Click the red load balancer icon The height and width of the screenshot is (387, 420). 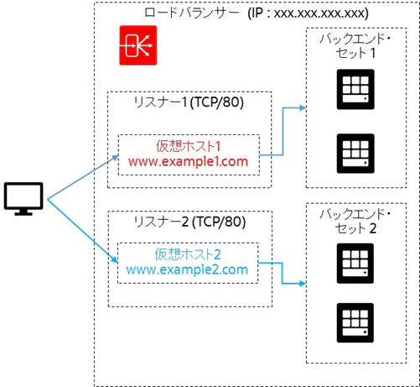[138, 45]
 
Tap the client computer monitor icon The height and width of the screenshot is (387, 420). [23, 199]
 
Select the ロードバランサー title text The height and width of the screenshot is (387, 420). [192, 13]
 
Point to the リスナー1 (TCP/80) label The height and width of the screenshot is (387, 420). [189, 102]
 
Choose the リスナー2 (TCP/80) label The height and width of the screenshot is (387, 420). [189, 222]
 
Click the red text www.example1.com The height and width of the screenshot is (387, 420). [188, 162]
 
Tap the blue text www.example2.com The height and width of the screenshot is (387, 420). [187, 269]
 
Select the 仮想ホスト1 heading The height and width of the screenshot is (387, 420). [189, 146]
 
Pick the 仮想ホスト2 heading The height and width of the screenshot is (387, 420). [188, 254]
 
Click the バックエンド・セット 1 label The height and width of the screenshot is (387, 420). [355, 45]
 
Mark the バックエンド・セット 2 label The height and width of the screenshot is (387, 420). [355, 221]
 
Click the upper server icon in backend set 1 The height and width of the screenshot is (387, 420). [355, 89]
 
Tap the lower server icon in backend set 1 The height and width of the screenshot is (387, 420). [355, 154]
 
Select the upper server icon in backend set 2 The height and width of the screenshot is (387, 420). [355, 264]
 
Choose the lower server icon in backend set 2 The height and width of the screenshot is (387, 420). [355, 322]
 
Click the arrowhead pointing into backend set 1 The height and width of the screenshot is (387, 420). [303, 107]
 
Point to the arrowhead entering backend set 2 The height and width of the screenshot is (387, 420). [303, 284]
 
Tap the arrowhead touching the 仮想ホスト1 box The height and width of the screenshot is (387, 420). [116, 158]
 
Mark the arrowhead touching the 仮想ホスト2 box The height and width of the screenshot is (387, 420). [115, 259]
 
